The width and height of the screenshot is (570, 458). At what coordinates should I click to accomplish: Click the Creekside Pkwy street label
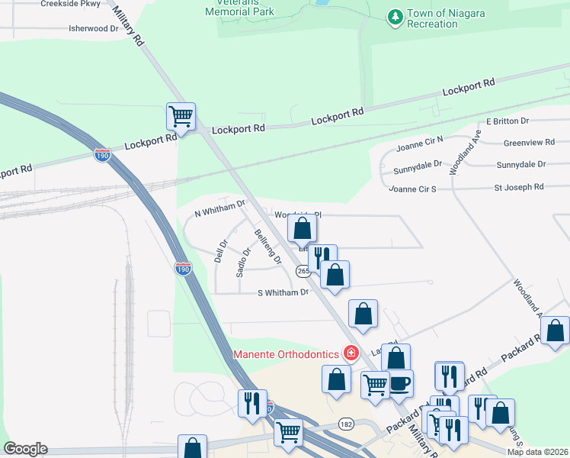coord(70,3)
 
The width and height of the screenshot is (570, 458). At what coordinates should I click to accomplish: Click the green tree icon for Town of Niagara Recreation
coord(395,17)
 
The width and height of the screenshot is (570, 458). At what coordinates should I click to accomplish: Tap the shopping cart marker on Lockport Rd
coord(181,117)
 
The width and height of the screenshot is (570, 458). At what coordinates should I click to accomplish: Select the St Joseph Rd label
coord(519,186)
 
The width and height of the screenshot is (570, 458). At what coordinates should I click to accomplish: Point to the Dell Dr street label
coord(222,250)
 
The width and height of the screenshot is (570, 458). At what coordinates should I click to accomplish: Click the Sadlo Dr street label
coord(243,262)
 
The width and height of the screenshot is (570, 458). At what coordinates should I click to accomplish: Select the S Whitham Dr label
coord(283,292)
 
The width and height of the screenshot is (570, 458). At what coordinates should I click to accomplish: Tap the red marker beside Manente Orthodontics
coord(351,353)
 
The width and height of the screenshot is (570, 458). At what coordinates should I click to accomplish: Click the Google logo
coord(25,449)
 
